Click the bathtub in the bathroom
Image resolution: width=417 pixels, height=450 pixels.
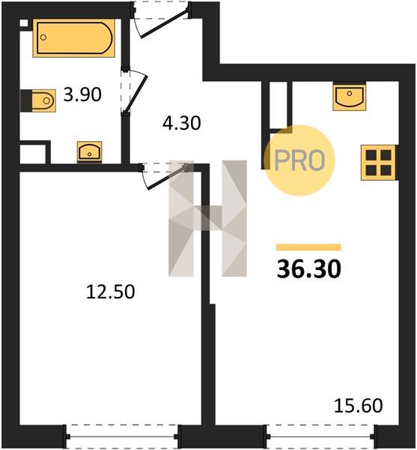[74, 38]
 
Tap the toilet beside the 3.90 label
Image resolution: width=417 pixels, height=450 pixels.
[38, 100]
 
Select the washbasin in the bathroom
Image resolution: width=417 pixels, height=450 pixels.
[89, 151]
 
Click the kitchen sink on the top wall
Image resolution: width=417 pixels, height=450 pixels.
[350, 97]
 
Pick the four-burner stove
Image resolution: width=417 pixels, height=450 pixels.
[379, 163]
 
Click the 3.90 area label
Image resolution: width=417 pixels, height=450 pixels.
[82, 94]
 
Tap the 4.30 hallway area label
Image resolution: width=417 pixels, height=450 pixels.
[182, 124]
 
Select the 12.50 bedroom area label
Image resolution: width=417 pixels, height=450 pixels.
[111, 292]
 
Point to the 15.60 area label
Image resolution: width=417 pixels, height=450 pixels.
[359, 406]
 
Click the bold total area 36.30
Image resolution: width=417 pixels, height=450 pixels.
[309, 269]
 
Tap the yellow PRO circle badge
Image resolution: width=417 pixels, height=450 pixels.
[299, 160]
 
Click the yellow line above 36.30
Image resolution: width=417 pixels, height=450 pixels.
[308, 247]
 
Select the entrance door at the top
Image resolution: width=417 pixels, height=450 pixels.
[161, 19]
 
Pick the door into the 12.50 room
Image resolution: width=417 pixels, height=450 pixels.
[165, 175]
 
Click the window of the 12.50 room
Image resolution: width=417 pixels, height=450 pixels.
[122, 436]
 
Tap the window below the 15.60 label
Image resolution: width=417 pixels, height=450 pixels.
[320, 436]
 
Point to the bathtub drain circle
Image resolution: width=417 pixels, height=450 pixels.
[43, 37]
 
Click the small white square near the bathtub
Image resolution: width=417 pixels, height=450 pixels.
[24, 23]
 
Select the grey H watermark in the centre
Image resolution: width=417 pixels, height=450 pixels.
[207, 218]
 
